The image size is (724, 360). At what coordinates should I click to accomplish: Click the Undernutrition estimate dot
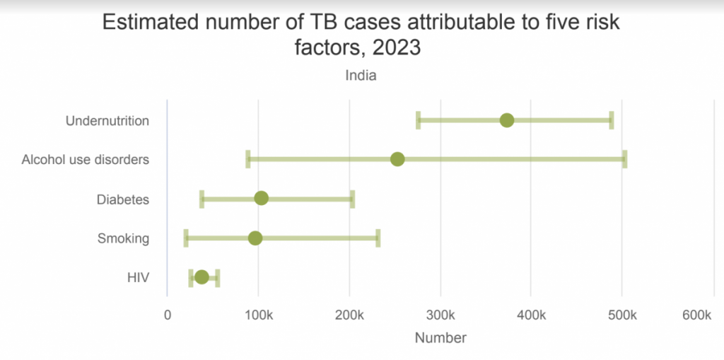pyautogui.click(x=506, y=120)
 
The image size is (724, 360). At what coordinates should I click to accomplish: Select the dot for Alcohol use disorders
pyautogui.click(x=397, y=159)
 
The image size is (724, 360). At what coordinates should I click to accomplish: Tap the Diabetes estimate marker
pyautogui.click(x=261, y=198)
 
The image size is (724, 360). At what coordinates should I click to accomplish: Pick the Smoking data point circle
pyautogui.click(x=255, y=238)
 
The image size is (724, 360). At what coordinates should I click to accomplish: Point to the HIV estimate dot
pyautogui.click(x=202, y=277)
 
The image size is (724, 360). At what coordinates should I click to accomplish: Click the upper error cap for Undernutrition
pyautogui.click(x=612, y=120)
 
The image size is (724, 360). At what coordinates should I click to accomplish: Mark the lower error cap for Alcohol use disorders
pyautogui.click(x=247, y=159)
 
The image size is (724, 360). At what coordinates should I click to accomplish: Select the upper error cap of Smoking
pyautogui.click(x=378, y=238)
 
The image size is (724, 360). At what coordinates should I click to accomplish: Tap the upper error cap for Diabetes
pyautogui.click(x=352, y=198)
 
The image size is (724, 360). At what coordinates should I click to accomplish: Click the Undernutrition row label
pyautogui.click(x=107, y=121)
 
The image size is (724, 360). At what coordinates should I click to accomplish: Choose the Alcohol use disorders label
pyautogui.click(x=85, y=160)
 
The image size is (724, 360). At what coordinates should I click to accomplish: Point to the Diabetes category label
pyautogui.click(x=123, y=199)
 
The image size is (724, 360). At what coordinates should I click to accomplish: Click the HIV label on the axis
pyautogui.click(x=138, y=278)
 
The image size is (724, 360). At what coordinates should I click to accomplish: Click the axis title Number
pyautogui.click(x=440, y=338)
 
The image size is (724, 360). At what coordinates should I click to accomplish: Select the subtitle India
pyautogui.click(x=361, y=76)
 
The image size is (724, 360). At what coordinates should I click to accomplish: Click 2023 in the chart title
pyautogui.click(x=393, y=49)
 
